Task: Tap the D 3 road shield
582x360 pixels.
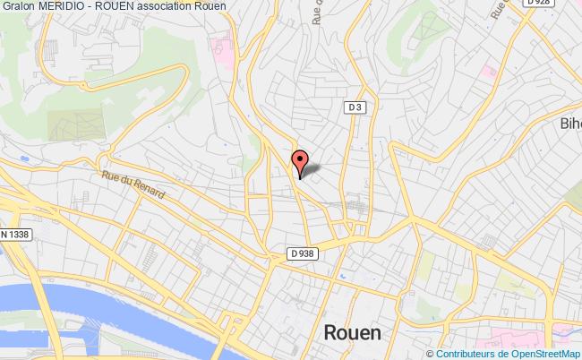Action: [355, 107]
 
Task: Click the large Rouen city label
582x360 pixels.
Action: [350, 332]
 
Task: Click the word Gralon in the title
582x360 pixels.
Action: [21, 8]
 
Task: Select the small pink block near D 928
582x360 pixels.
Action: [488, 70]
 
